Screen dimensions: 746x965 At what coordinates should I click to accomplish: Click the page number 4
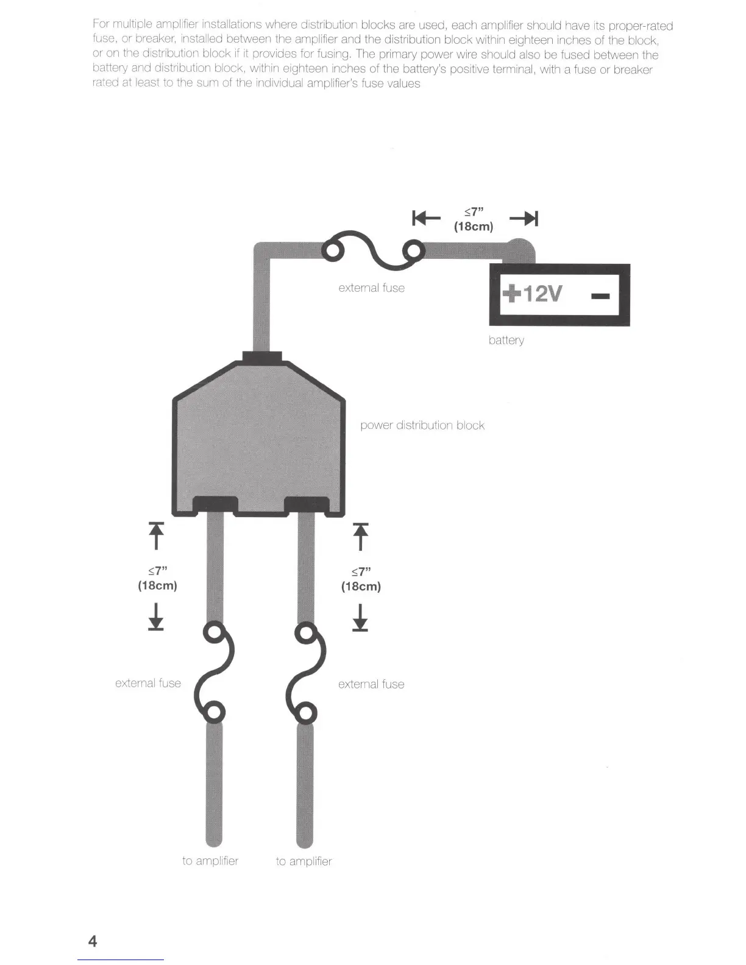coord(93,941)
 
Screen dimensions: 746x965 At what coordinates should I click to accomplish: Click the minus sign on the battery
coord(600,296)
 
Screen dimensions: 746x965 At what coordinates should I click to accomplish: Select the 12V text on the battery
coord(542,294)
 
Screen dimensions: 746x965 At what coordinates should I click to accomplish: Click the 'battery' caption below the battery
coord(506,340)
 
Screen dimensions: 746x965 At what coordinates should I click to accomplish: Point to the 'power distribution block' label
coord(422,425)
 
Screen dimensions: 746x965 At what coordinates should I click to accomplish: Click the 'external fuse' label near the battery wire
coord(371,288)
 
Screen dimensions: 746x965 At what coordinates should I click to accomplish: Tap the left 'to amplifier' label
coord(210,861)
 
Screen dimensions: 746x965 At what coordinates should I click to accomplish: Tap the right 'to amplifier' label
coord(304,861)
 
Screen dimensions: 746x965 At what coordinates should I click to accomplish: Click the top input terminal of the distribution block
coord(262,358)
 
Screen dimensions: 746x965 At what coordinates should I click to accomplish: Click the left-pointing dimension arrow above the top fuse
coord(426,218)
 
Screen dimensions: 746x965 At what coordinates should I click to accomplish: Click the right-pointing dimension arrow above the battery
coord(524,218)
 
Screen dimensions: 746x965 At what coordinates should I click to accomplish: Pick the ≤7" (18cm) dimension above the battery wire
coord(474,219)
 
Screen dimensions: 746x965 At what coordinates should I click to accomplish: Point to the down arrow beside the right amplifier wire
coord(360,617)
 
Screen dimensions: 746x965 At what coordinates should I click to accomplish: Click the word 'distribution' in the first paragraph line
coord(329,25)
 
